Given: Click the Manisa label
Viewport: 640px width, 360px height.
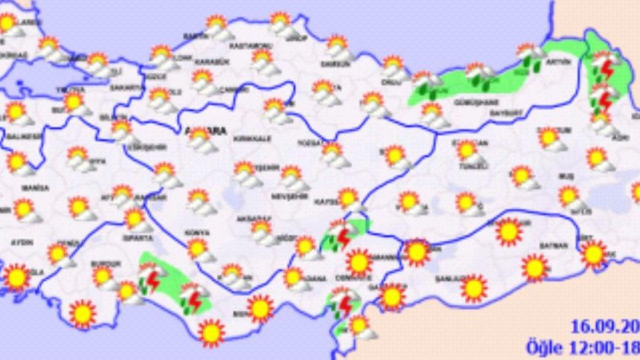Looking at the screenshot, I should click(30, 187).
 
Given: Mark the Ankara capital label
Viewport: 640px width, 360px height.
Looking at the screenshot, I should click(203, 132).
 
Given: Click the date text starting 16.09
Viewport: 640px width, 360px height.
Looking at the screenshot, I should click(603, 326).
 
